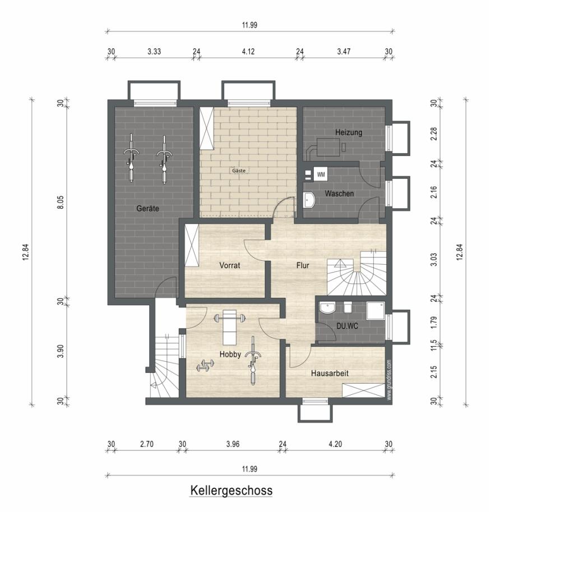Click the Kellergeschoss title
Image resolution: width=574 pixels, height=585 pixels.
pyautogui.click(x=232, y=490)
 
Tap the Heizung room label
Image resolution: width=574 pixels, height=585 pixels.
pyautogui.click(x=348, y=132)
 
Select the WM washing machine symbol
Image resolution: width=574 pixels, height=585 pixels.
pyautogui.click(x=321, y=174)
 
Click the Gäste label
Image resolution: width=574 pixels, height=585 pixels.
pyautogui.click(x=239, y=171)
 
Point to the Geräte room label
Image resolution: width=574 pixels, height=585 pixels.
pyautogui.click(x=147, y=209)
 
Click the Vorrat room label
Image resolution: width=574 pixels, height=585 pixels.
pyautogui.click(x=230, y=265)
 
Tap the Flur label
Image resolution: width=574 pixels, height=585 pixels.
pyautogui.click(x=303, y=265)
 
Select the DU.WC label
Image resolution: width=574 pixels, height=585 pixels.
pyautogui.click(x=347, y=326)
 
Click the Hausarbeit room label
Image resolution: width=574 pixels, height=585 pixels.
pyautogui.click(x=330, y=373)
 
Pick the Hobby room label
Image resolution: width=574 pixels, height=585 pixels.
pyautogui.click(x=230, y=354)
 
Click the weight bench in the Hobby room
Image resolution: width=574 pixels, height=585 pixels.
pyautogui.click(x=230, y=327)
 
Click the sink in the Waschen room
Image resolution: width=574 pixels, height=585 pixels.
pyautogui.click(x=309, y=200)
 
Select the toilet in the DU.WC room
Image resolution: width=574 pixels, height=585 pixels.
pyautogui.click(x=348, y=307)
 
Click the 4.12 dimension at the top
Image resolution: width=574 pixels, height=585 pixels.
pyautogui.click(x=248, y=52)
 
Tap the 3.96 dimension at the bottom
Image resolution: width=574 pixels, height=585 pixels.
pyautogui.click(x=233, y=444)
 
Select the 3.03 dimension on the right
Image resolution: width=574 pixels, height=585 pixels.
pyautogui.click(x=434, y=259)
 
